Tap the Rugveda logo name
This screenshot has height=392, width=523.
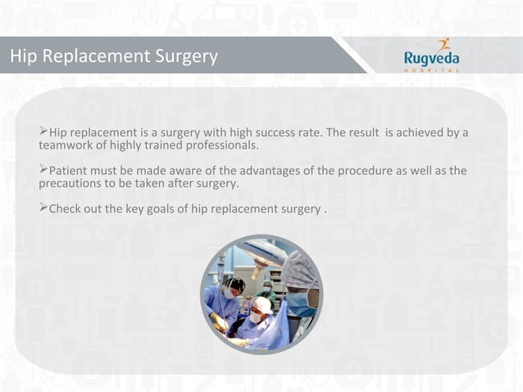click(432, 58)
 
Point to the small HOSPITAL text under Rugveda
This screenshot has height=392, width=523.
click(432, 70)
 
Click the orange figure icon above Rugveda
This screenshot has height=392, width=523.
click(443, 44)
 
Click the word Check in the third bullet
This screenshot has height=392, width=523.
click(66, 208)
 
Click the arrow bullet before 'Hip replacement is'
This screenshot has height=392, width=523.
click(43, 132)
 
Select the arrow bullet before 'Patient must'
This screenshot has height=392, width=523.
click(43, 171)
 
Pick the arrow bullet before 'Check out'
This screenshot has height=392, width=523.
click(43, 208)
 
